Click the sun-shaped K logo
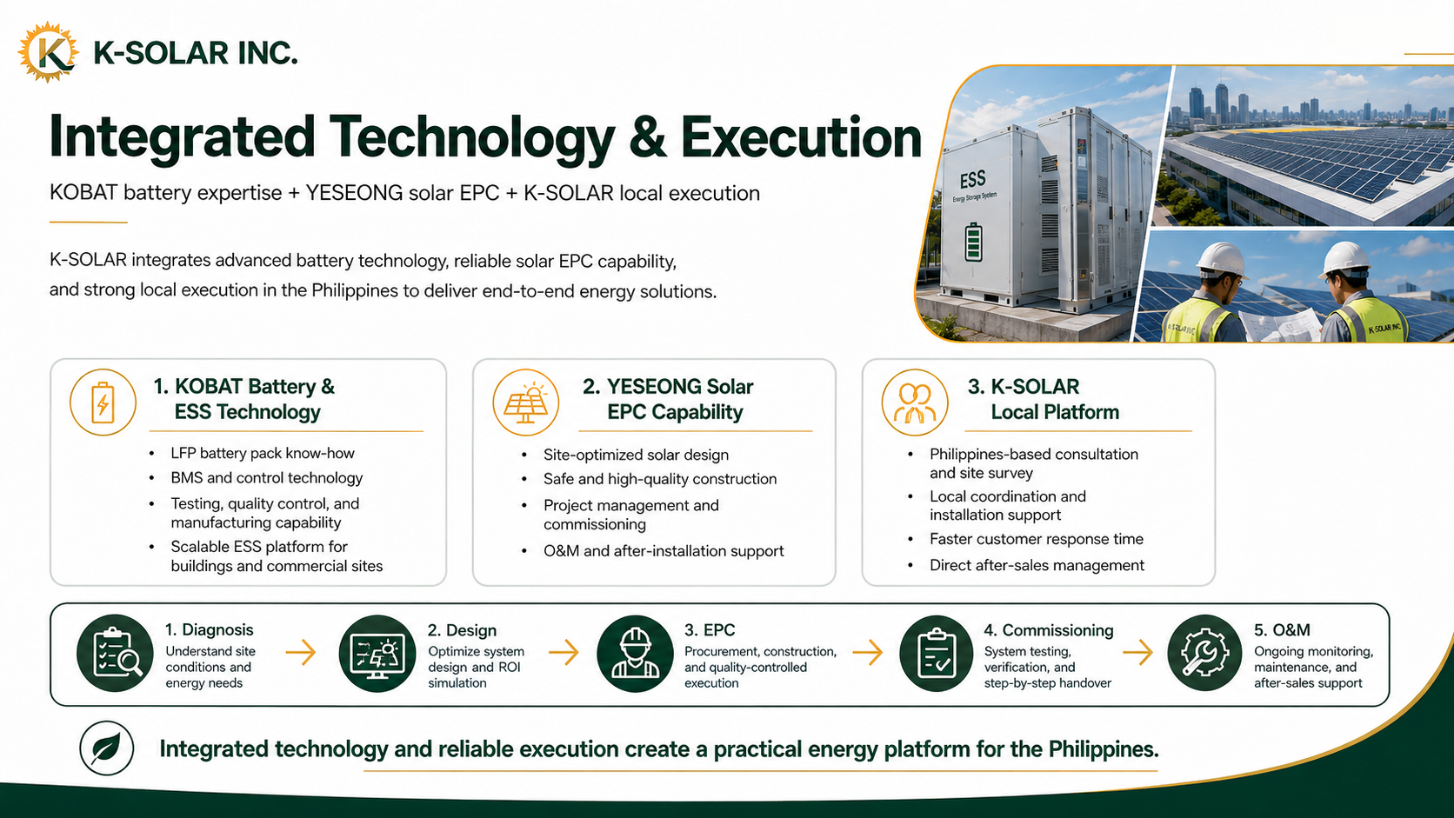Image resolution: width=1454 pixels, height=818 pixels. pyautogui.click(x=48, y=52)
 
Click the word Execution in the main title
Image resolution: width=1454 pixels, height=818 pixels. pyautogui.click(x=801, y=137)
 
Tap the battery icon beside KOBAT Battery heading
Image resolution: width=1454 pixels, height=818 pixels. pyautogui.click(x=103, y=402)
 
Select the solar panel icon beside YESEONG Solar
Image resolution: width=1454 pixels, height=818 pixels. pyautogui.click(x=526, y=402)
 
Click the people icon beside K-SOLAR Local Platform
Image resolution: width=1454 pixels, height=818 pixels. pyautogui.click(x=915, y=402)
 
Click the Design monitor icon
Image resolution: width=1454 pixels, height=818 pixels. pyautogui.click(x=377, y=653)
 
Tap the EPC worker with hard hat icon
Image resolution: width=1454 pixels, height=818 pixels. pyautogui.click(x=635, y=653)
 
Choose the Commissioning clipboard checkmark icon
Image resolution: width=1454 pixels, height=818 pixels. pyautogui.click(x=936, y=653)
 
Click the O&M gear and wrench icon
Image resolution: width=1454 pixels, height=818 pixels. pyautogui.click(x=1204, y=653)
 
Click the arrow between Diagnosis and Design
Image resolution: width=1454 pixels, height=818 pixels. pyautogui.click(x=301, y=652)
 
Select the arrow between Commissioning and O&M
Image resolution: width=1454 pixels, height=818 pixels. pyautogui.click(x=1137, y=652)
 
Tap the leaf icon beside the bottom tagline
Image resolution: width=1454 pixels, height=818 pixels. pyautogui.click(x=107, y=748)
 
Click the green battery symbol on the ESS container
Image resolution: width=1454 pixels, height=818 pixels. pyautogui.click(x=972, y=242)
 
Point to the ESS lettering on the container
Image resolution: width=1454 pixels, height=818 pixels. pyautogui.click(x=972, y=179)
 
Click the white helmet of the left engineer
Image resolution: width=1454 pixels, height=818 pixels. pyautogui.click(x=1221, y=259)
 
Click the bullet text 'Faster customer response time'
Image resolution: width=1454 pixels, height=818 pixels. pyautogui.click(x=1037, y=539)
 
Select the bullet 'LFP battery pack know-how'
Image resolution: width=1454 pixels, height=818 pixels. pyautogui.click(x=263, y=454)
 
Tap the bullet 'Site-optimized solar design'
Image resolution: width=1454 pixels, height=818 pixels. pyautogui.click(x=637, y=455)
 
